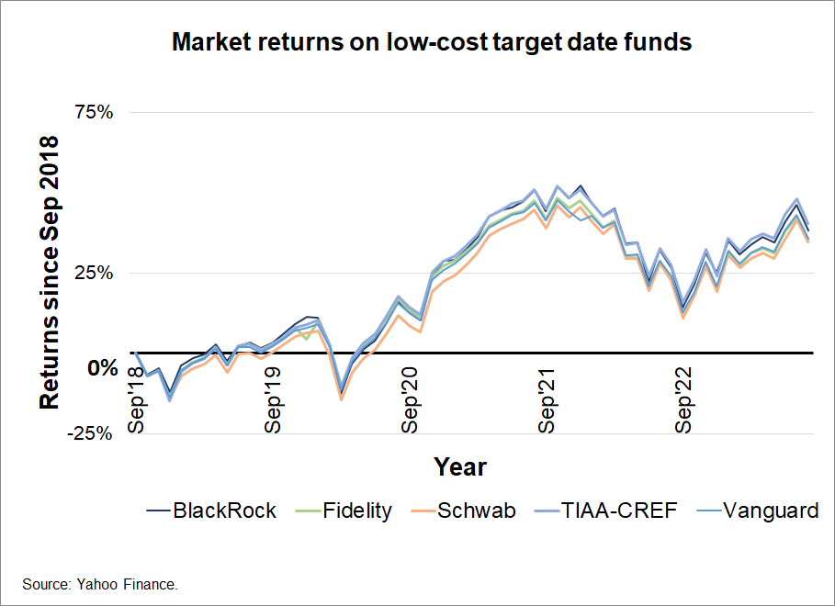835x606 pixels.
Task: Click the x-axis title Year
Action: point(460,466)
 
